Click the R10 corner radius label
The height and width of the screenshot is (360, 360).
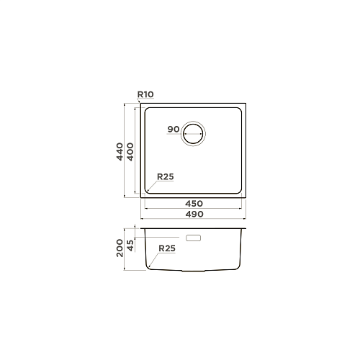pyautogui.click(x=145, y=94)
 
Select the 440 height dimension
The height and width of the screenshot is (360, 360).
pyautogui.click(x=120, y=151)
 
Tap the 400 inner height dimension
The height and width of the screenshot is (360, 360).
pyautogui.click(x=130, y=151)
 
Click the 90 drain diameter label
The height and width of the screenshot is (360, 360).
pyautogui.click(x=174, y=130)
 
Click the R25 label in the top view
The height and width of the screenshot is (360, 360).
pyautogui.click(x=166, y=177)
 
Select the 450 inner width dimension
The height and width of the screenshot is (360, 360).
pyautogui.click(x=194, y=204)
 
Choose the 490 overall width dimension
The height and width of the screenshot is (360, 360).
pyautogui.click(x=194, y=214)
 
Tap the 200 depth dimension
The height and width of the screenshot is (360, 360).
pyautogui.click(x=120, y=248)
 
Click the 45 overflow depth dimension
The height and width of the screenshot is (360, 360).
pyautogui.click(x=130, y=246)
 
